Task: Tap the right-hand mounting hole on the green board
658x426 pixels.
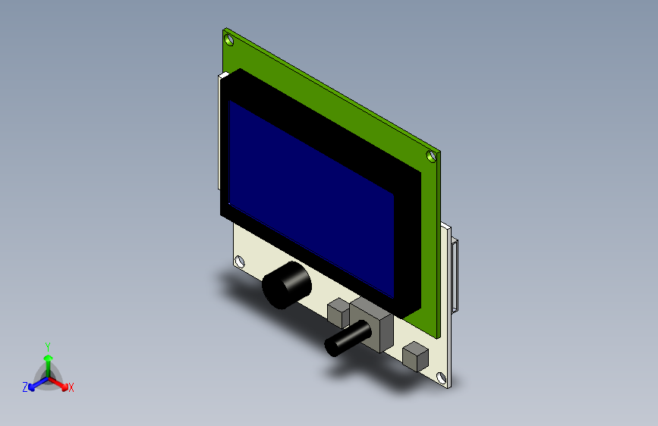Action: coord(431,157)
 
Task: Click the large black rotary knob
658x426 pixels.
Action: coord(285,286)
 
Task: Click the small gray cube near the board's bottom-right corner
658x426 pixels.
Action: coord(414,357)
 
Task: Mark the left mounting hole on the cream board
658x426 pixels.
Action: coord(240,262)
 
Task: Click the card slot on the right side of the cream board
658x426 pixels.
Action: coord(455,276)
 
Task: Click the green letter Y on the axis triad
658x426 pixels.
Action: coord(47,346)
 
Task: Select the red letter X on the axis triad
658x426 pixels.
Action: coord(71,388)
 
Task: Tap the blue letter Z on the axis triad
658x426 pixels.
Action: coord(25,387)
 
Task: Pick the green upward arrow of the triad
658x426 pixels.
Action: coord(48,360)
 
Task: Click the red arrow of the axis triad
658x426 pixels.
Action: coord(60,383)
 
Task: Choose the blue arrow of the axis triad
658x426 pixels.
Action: coord(36,383)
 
